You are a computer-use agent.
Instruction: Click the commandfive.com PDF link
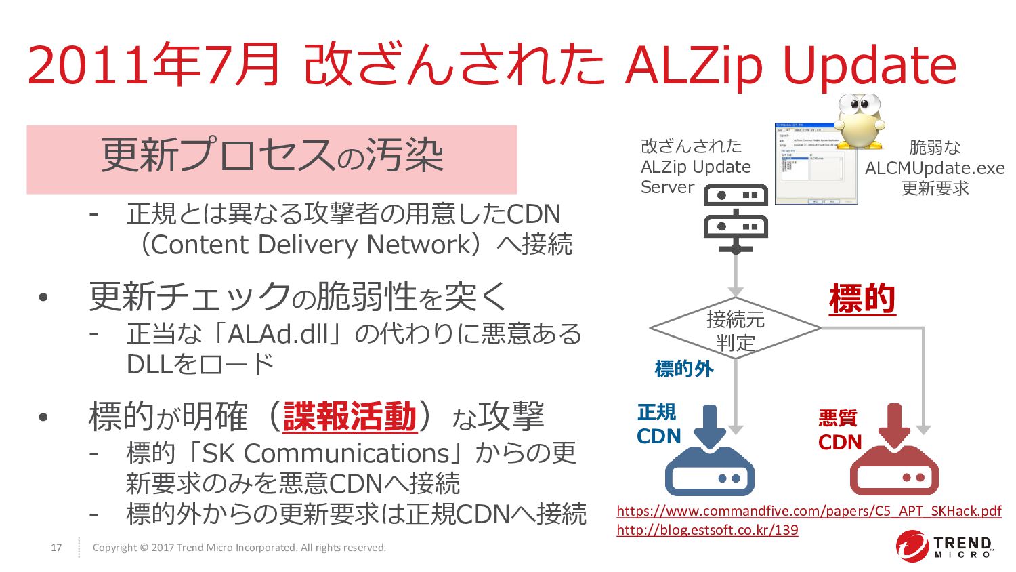tap(809, 511)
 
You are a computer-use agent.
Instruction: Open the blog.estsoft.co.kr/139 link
tap(707, 530)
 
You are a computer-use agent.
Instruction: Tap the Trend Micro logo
tap(946, 547)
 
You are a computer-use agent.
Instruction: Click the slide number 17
tap(56, 548)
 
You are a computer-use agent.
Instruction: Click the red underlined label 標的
tap(862, 299)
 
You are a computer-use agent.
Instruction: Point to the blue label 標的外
tap(684, 369)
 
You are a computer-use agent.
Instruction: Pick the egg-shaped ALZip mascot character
tap(859, 121)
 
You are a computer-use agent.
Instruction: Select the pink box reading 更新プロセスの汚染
tap(272, 159)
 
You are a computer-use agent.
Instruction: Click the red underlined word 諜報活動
tap(350, 416)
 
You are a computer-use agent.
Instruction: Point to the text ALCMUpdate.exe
tap(935, 168)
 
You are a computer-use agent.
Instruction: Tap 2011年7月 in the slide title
tap(153, 65)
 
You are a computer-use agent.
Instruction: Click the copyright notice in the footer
tap(239, 548)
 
